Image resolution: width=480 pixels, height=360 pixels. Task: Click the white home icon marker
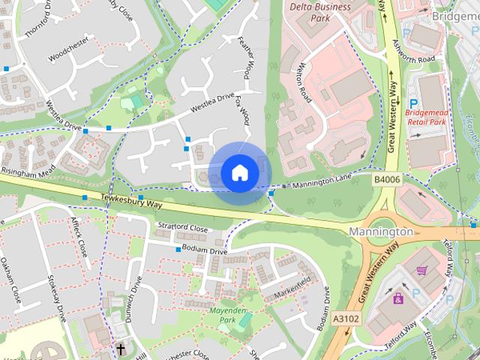coord(239,173)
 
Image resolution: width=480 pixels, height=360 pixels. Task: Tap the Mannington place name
coord(381,232)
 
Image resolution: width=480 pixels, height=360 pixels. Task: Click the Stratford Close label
coord(183,227)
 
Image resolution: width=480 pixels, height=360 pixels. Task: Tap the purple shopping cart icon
coord(421,271)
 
